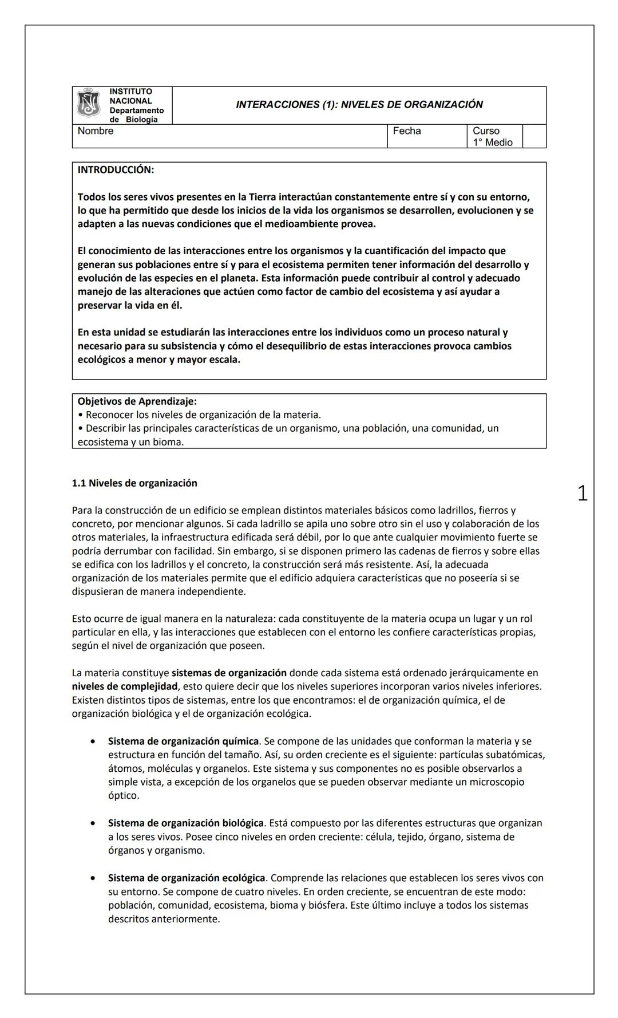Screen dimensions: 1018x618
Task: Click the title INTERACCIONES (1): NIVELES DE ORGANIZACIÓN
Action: click(x=359, y=105)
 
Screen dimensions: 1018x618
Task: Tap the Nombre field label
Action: click(x=96, y=131)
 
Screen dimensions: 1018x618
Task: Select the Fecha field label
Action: click(x=406, y=131)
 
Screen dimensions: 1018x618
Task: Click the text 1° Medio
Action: click(x=492, y=143)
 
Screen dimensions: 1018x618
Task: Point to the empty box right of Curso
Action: click(x=534, y=136)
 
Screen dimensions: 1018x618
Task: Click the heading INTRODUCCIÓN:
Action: click(x=116, y=170)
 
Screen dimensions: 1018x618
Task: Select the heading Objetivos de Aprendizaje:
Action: click(x=137, y=401)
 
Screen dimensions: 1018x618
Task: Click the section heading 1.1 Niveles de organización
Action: click(x=134, y=483)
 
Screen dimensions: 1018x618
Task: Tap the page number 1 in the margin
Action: click(x=582, y=494)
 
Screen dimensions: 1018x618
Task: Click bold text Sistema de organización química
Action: click(x=183, y=741)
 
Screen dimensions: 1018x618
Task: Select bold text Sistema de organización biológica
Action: click(x=186, y=823)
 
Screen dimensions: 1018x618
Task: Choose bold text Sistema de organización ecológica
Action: click(x=187, y=878)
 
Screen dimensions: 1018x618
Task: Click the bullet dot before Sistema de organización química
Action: click(x=93, y=741)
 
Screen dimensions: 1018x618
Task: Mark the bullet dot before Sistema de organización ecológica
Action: click(x=93, y=878)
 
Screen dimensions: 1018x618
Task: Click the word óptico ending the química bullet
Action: click(x=123, y=796)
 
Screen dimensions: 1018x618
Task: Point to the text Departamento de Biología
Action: click(x=136, y=115)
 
